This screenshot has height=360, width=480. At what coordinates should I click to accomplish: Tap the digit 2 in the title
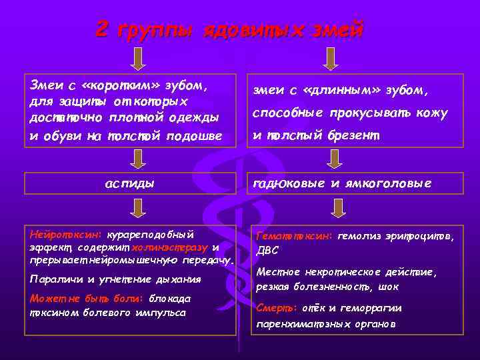click(102, 29)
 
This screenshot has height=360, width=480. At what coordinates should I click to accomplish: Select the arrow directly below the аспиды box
click(137, 210)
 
